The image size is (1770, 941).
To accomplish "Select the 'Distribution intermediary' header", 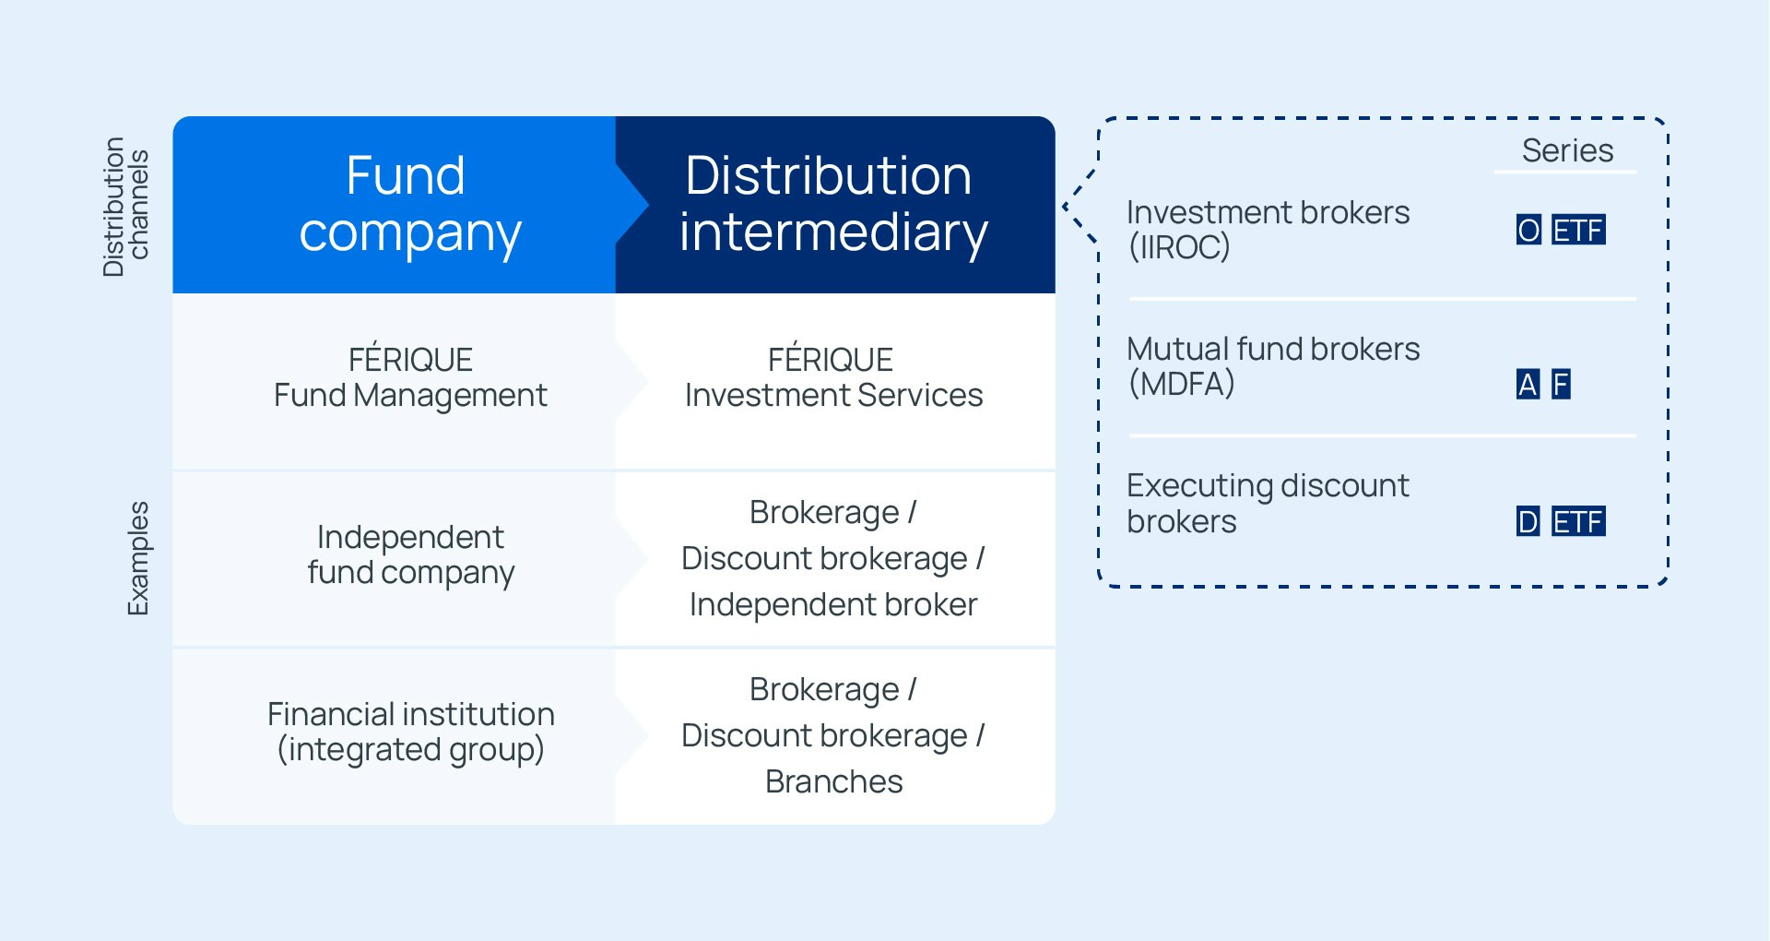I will tap(832, 204).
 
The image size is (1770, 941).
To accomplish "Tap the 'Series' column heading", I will tap(1566, 150).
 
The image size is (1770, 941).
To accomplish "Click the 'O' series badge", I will tap(1528, 230).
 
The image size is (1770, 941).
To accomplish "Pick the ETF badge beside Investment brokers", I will tap(1577, 230).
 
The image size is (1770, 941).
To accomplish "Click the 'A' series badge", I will tap(1528, 384).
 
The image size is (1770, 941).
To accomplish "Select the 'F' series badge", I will tap(1560, 384).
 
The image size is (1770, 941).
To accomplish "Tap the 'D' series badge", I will tap(1528, 522).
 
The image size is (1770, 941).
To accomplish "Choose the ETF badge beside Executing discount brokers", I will tap(1577, 522).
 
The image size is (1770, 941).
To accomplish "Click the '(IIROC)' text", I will tap(1179, 247).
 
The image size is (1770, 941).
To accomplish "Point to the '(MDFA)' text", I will tap(1181, 384).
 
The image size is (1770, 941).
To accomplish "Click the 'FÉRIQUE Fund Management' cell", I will tap(410, 377).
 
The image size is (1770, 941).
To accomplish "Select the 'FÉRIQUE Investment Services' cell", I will tap(832, 377).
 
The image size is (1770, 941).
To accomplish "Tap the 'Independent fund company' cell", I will tap(410, 554).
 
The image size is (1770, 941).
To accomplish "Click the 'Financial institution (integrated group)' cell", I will tap(410, 732).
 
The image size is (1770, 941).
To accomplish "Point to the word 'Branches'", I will tap(833, 781).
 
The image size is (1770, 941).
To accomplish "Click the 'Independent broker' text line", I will tap(832, 604).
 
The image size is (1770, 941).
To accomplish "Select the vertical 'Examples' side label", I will tap(138, 558).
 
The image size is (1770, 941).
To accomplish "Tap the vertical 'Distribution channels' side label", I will tap(126, 207).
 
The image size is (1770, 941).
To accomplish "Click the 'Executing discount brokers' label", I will tap(1268, 504).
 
